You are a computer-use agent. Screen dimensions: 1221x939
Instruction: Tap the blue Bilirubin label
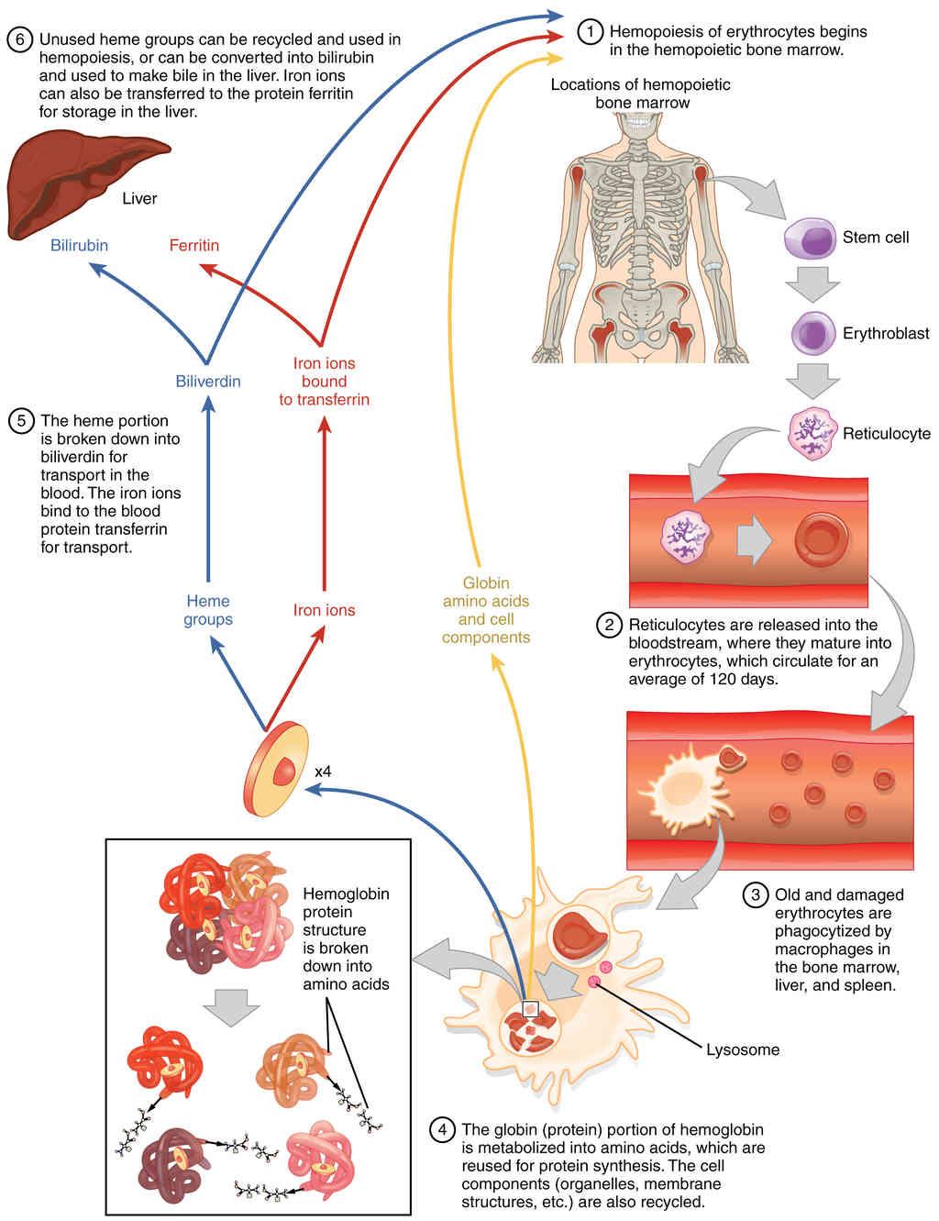pos(79,246)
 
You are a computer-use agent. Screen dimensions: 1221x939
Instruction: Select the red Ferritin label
pos(194,246)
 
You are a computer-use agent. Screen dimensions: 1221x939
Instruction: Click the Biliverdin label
pos(208,382)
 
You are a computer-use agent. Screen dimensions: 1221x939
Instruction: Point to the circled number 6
pos(19,39)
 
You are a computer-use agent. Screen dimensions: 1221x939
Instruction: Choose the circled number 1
pos(591,32)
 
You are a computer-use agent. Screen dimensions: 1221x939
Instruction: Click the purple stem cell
pos(810,239)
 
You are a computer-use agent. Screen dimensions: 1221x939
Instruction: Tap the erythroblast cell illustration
pos(813,334)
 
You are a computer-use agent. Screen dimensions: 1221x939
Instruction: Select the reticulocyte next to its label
pos(812,433)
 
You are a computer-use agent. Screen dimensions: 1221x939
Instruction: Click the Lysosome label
pos(743,1049)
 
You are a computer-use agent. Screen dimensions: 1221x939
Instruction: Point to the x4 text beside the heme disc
pos(323,772)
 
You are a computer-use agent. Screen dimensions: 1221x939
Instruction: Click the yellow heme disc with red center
pos(276,771)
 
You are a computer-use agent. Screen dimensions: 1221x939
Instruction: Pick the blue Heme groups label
pos(208,610)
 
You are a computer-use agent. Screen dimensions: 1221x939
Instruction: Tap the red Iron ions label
pos(324,610)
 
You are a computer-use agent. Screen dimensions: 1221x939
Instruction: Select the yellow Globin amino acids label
pos(486,610)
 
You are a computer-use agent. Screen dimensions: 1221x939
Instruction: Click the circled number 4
pos(442,1130)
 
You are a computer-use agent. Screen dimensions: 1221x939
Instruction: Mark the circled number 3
pos(756,895)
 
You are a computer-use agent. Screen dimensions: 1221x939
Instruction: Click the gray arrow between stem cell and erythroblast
pos(812,283)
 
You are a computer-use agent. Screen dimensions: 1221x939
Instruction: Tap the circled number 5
pos(21,421)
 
